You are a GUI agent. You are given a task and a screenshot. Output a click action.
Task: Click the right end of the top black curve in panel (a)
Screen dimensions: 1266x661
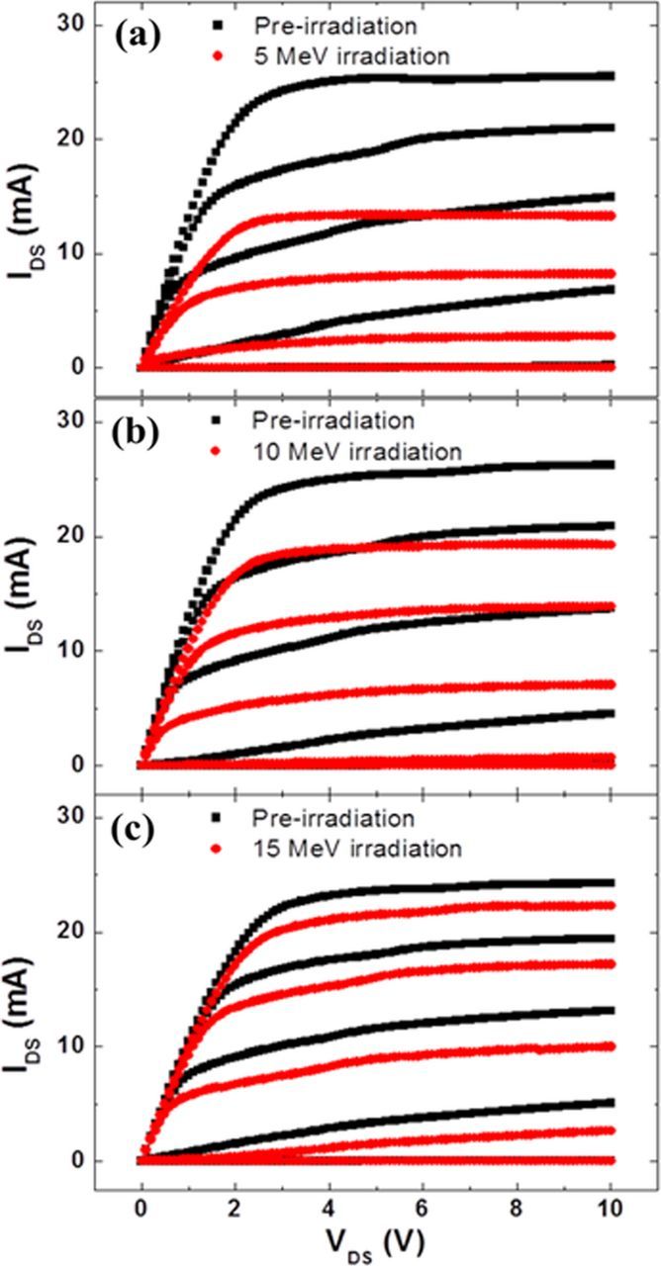click(613, 75)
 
